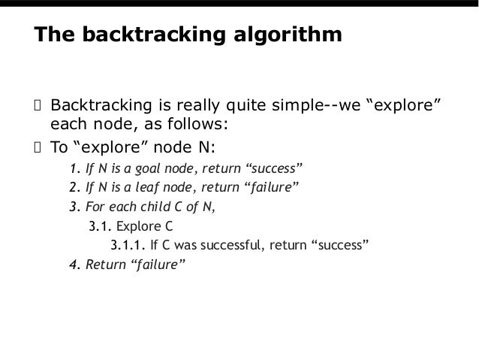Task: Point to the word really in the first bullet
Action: pos(215,103)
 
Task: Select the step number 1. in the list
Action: pos(73,167)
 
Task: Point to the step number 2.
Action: pos(73,186)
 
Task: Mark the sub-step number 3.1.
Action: pos(99,225)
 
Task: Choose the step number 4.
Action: pos(73,265)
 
